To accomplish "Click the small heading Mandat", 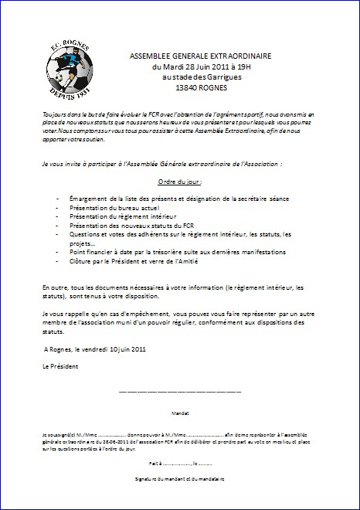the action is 180,414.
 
